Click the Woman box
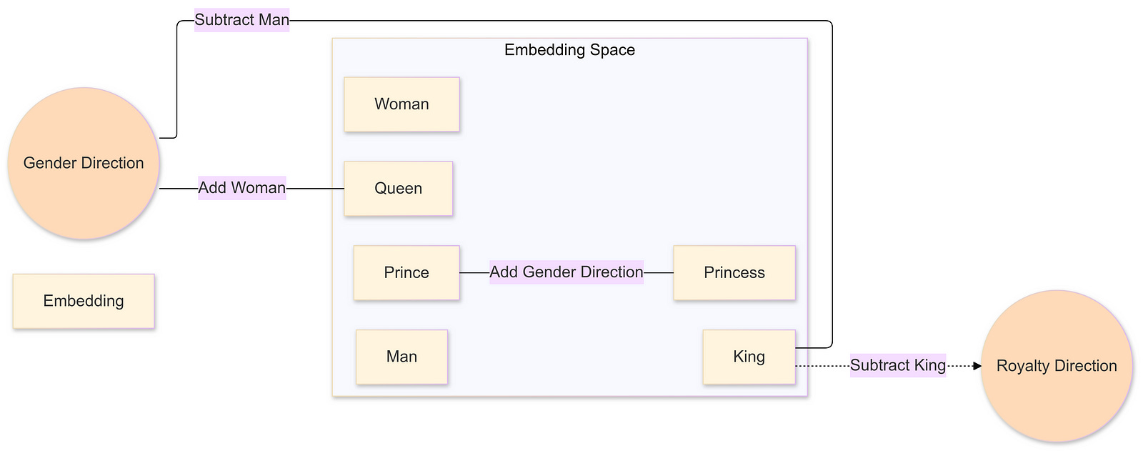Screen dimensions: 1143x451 (401, 104)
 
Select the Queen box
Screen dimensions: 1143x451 (398, 189)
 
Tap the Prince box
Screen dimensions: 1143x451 (406, 273)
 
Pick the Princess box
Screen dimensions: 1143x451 (734, 273)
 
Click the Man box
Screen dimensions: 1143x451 (401, 357)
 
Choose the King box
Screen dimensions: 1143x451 (749, 357)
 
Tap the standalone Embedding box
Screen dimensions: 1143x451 (84, 301)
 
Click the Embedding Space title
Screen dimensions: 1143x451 (569, 50)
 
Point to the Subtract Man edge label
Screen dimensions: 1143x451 (241, 20)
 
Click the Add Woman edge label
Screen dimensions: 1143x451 (241, 188)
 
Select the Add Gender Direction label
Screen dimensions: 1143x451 (566, 272)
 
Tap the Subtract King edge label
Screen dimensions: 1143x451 (897, 365)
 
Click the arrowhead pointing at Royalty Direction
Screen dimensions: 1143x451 (977, 366)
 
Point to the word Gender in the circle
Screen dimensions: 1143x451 (48, 163)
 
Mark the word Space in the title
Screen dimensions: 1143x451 (613, 50)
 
